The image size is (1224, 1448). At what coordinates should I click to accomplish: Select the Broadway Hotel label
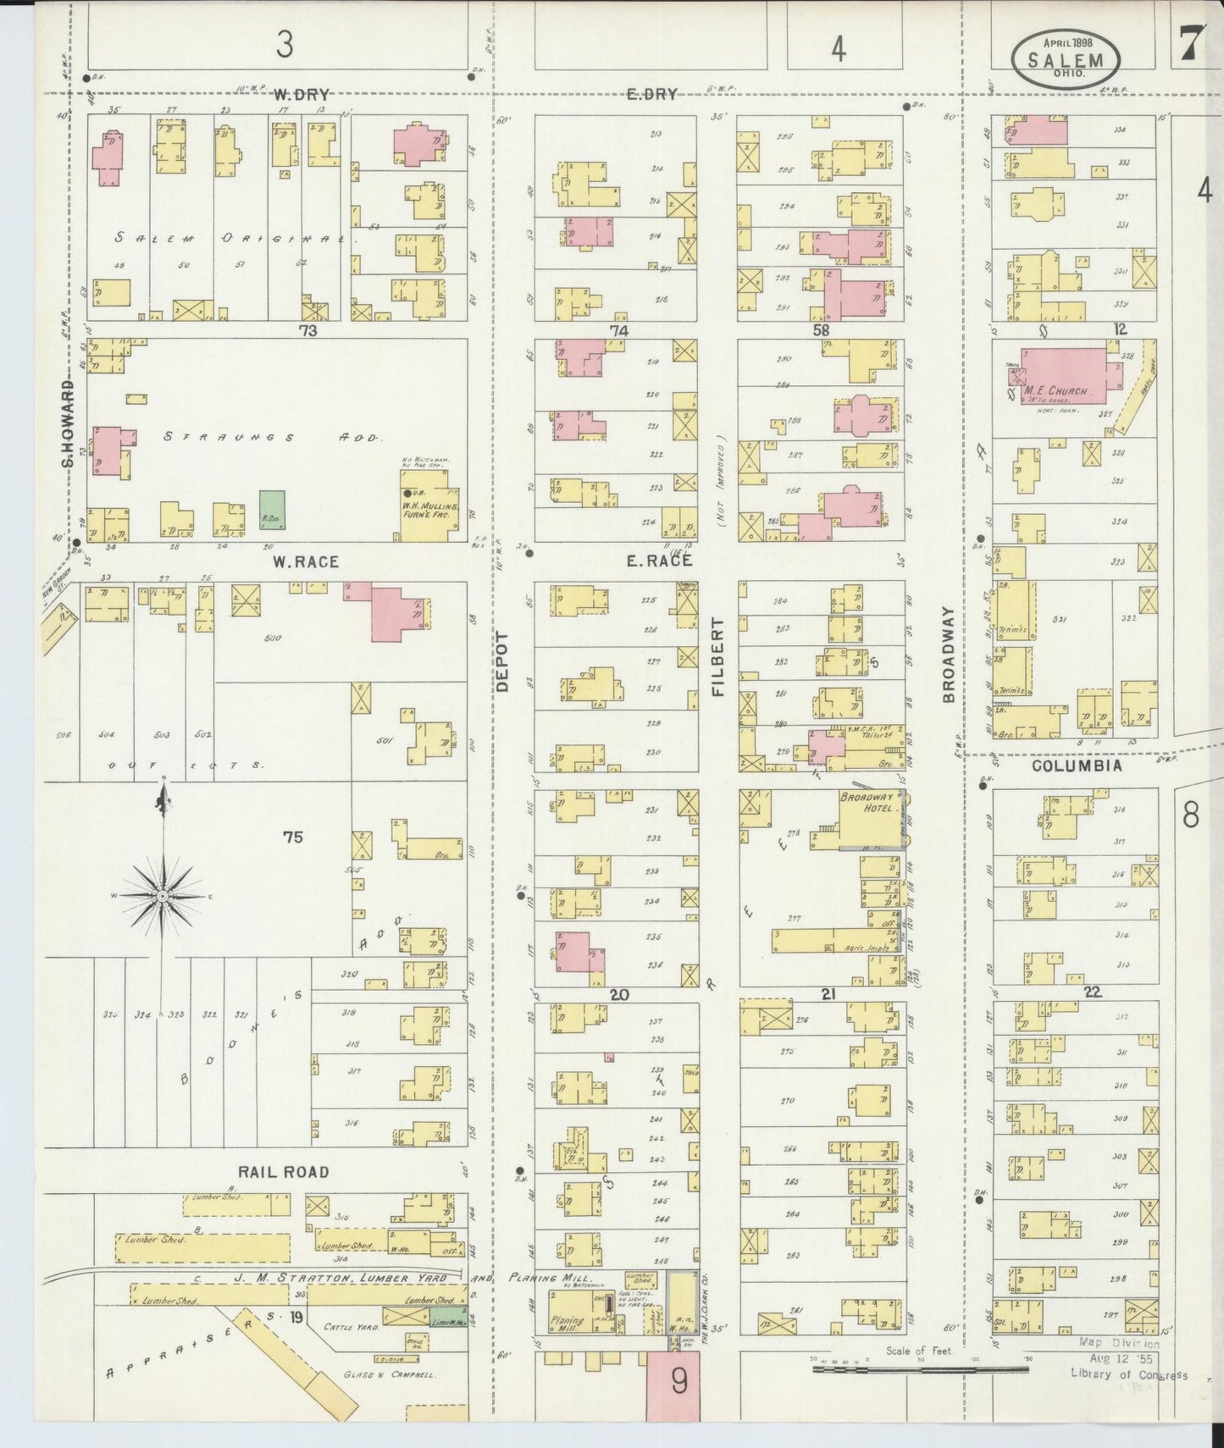tap(867, 803)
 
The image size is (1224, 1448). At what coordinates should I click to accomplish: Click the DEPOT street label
tap(501, 662)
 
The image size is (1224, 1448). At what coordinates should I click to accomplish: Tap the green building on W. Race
tap(272, 511)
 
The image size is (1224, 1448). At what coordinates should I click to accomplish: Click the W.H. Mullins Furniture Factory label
tap(430, 507)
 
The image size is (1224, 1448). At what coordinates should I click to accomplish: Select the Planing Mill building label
tap(567, 1324)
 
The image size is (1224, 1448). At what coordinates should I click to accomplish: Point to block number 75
tap(293, 837)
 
